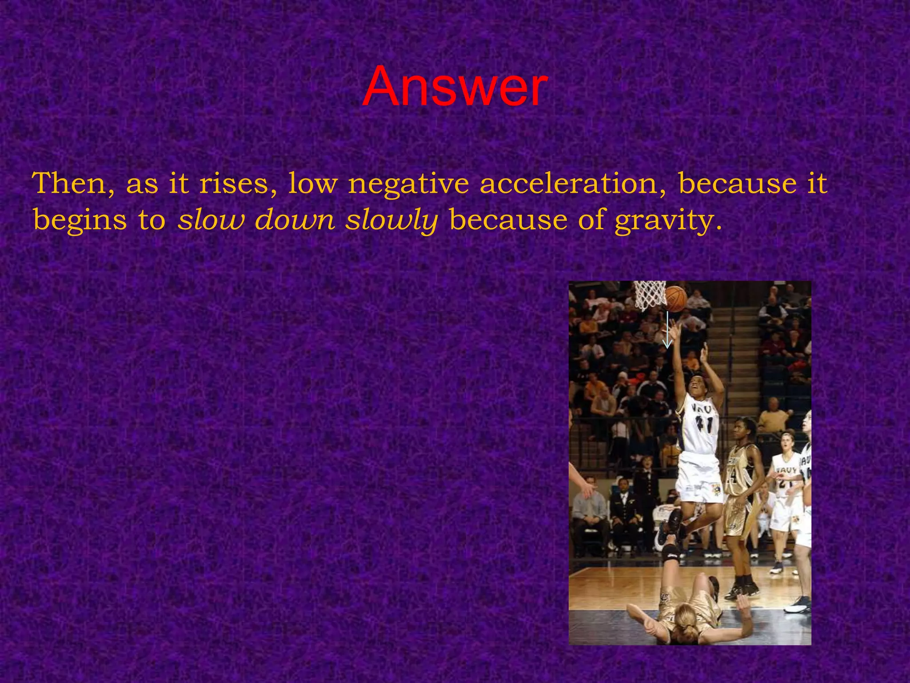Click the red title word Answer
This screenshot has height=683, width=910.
[455, 86]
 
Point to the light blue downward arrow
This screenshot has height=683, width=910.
[667, 331]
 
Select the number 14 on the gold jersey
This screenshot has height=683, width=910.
[732, 476]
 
